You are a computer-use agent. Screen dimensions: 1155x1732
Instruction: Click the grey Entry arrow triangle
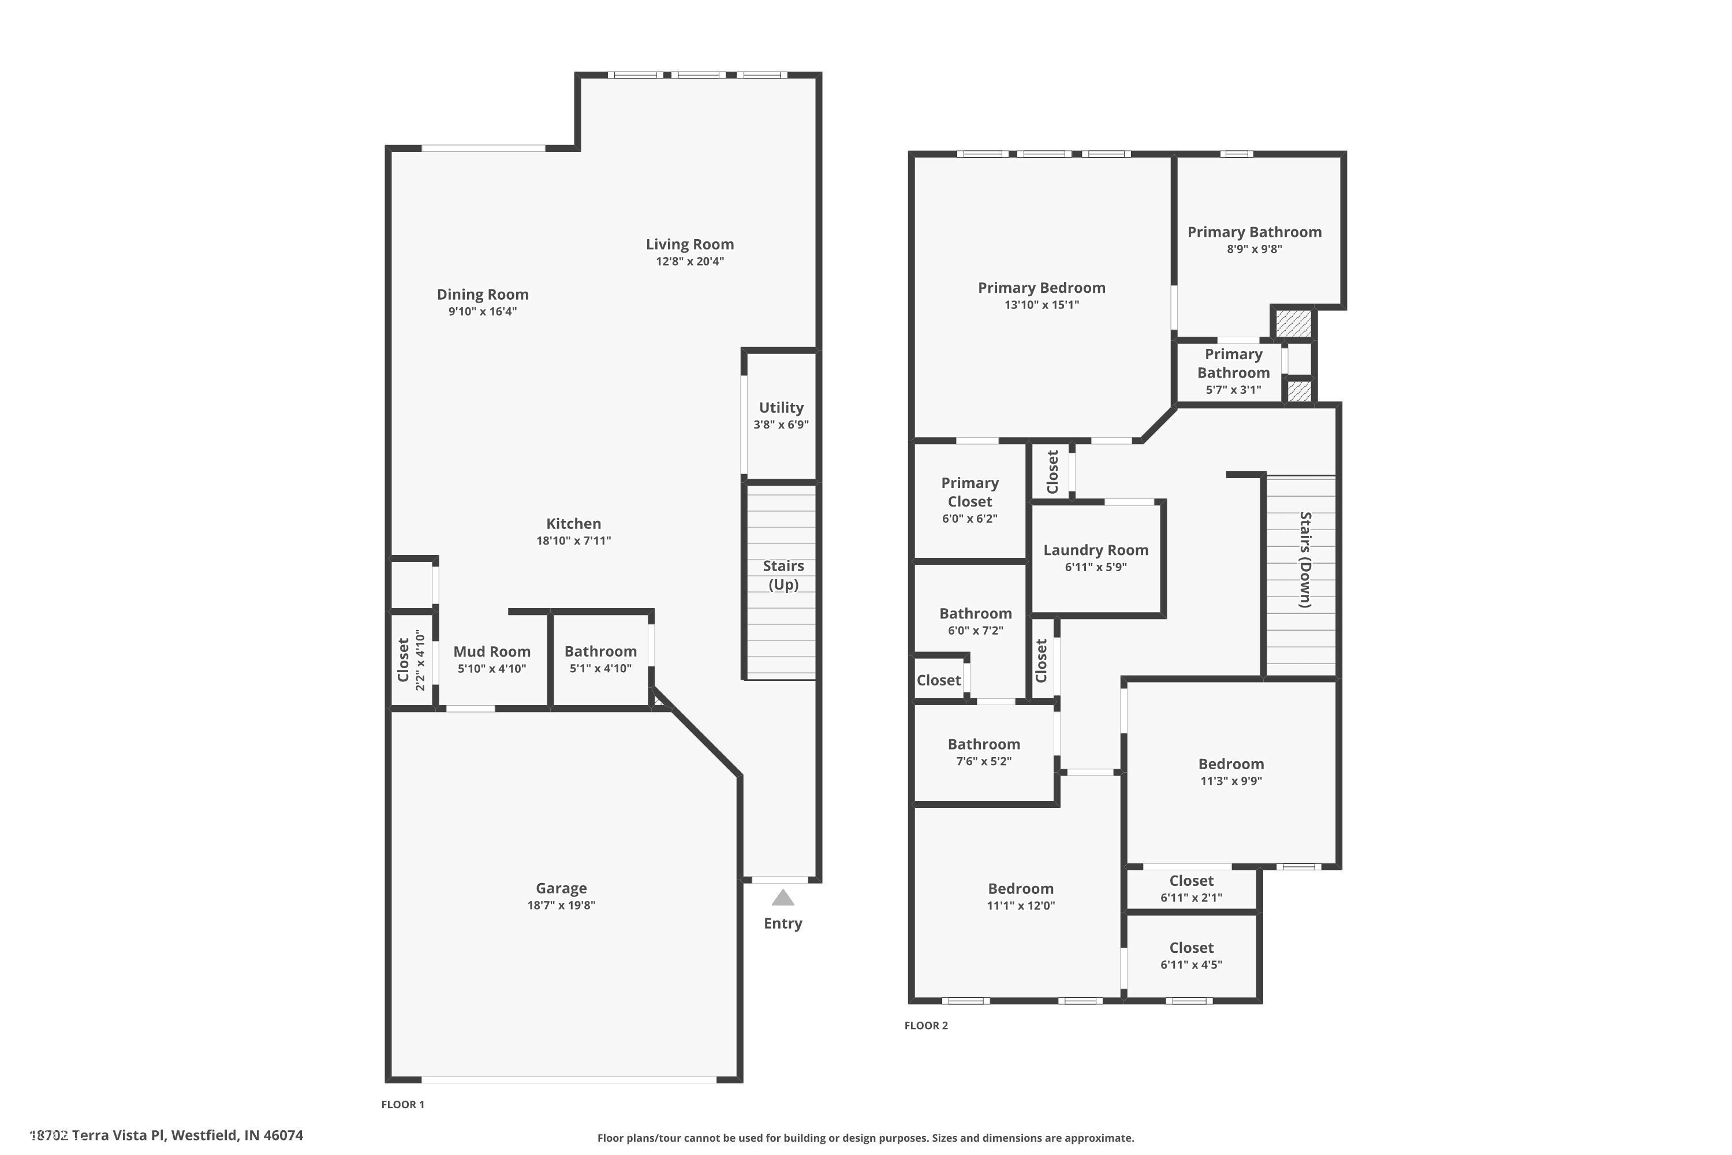coord(783,898)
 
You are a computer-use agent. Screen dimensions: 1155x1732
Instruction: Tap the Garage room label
coord(561,888)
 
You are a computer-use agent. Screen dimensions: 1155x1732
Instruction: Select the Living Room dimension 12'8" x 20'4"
coord(690,262)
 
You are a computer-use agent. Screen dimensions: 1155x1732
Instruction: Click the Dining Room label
coord(482,295)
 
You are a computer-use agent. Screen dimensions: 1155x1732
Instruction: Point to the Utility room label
coord(781,407)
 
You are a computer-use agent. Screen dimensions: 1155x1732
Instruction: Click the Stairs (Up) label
coord(783,575)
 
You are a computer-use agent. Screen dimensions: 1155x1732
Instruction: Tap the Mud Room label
coord(492,651)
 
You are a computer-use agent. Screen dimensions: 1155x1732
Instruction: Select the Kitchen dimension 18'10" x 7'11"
coord(574,541)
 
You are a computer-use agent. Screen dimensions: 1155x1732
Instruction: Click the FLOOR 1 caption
coord(403,1104)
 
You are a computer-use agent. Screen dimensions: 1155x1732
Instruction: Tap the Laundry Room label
coord(1096,550)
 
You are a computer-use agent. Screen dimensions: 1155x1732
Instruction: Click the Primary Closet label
coord(970,492)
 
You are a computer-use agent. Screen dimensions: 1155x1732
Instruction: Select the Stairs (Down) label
coord(1305,560)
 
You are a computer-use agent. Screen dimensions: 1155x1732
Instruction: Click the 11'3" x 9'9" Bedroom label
coord(1230,765)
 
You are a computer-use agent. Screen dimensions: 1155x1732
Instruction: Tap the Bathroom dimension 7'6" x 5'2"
coord(984,762)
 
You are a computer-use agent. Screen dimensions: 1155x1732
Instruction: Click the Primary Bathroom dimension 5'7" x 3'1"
coord(1233,390)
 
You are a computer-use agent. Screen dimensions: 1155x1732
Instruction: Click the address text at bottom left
coord(166,1135)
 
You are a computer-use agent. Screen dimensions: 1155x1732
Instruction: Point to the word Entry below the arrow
coord(783,923)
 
